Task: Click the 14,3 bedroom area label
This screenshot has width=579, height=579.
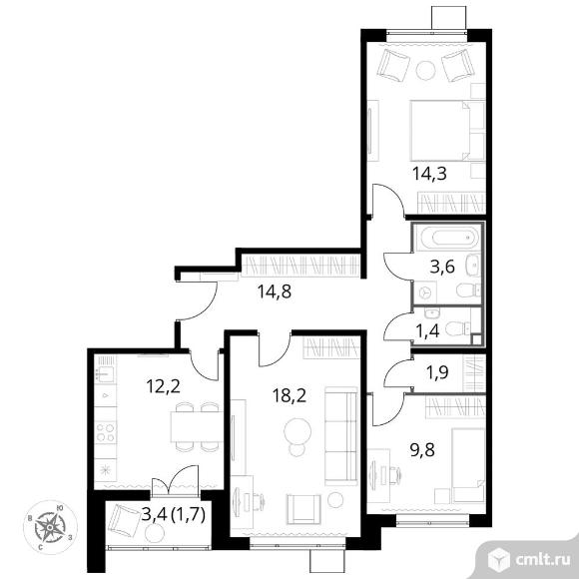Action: coord(429,173)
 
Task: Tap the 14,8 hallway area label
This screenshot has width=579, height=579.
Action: coord(274,291)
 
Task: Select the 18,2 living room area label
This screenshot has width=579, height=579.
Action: coord(289,396)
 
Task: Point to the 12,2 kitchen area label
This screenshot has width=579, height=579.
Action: coord(163,386)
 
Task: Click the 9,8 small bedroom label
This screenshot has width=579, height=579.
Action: coord(422,450)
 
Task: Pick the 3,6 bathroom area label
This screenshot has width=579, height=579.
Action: coord(442,267)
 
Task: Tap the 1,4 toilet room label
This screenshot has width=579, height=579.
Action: coord(427,330)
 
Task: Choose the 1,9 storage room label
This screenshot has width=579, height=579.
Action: coord(437,372)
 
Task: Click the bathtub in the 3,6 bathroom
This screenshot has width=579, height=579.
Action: coord(448,237)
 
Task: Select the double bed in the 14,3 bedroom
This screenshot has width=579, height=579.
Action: coord(447,131)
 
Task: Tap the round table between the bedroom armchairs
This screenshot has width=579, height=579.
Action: coord(425,70)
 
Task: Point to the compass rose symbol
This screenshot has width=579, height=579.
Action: coord(50,527)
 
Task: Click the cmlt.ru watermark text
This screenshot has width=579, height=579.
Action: coord(542,560)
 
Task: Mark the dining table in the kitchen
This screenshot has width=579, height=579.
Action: coord(197,426)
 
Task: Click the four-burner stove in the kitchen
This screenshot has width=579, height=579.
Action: coord(105,432)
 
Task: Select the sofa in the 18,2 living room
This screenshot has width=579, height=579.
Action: coord(341,436)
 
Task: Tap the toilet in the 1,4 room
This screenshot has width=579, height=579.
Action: coord(457,328)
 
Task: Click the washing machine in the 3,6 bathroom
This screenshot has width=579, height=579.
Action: coord(425,292)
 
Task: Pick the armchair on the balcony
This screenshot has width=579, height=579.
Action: coord(124,521)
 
